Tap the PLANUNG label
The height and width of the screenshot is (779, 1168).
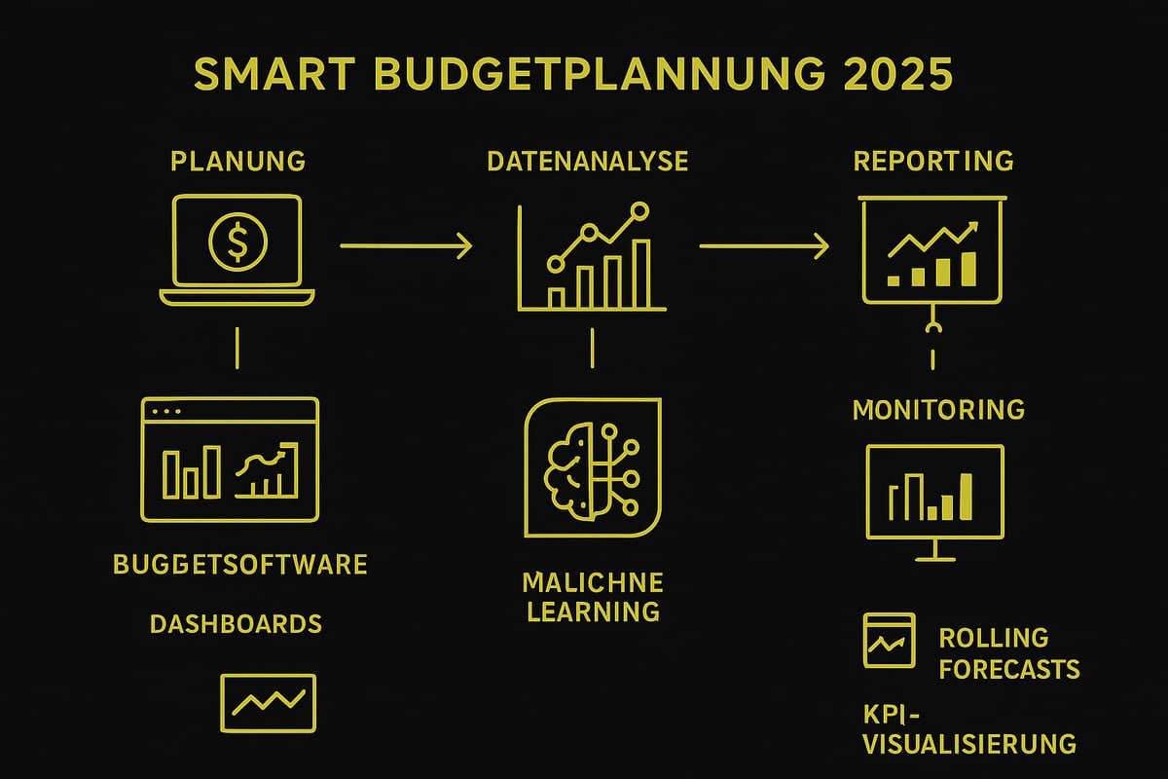tap(237, 161)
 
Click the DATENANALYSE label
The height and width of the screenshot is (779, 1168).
tap(587, 161)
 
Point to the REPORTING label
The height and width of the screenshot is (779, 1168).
tap(933, 161)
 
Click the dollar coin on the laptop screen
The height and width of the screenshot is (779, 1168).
tap(237, 241)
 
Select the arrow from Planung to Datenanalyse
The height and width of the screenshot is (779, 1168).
tap(406, 246)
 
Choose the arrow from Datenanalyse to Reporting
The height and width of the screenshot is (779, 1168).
tap(764, 246)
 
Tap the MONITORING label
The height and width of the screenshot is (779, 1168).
tap(938, 410)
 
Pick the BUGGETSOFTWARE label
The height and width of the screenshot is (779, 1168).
tap(239, 564)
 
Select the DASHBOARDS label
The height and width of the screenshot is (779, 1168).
tap(236, 623)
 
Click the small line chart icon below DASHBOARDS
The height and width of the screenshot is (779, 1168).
tap(268, 702)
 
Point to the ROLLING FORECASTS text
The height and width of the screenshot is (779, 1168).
tap(1008, 653)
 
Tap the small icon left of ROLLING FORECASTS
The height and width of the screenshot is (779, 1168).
tap(889, 640)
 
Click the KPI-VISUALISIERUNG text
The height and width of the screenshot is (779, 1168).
tap(969, 729)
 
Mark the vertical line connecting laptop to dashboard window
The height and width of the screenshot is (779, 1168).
tap(237, 348)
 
